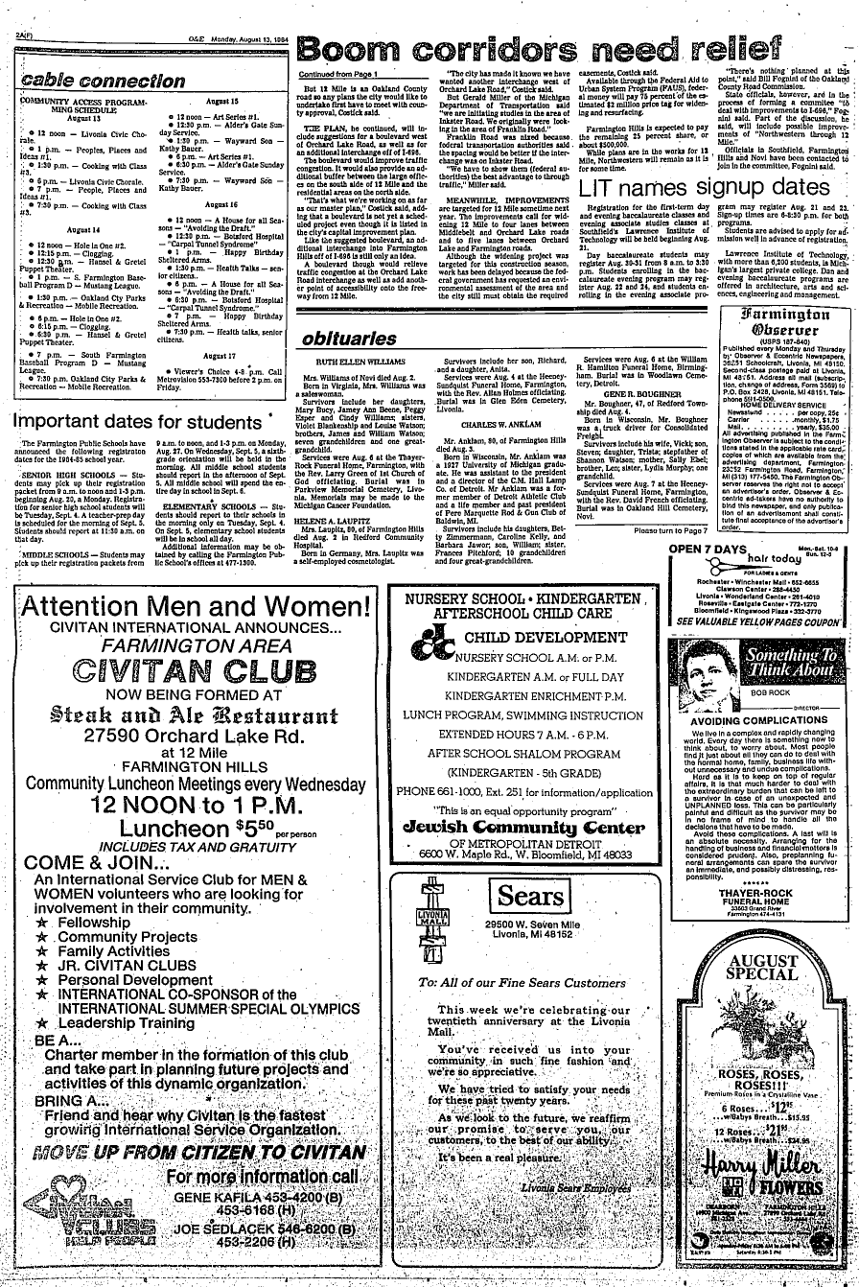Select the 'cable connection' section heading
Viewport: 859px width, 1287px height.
click(93, 81)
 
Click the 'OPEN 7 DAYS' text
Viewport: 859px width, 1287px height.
click(707, 549)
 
